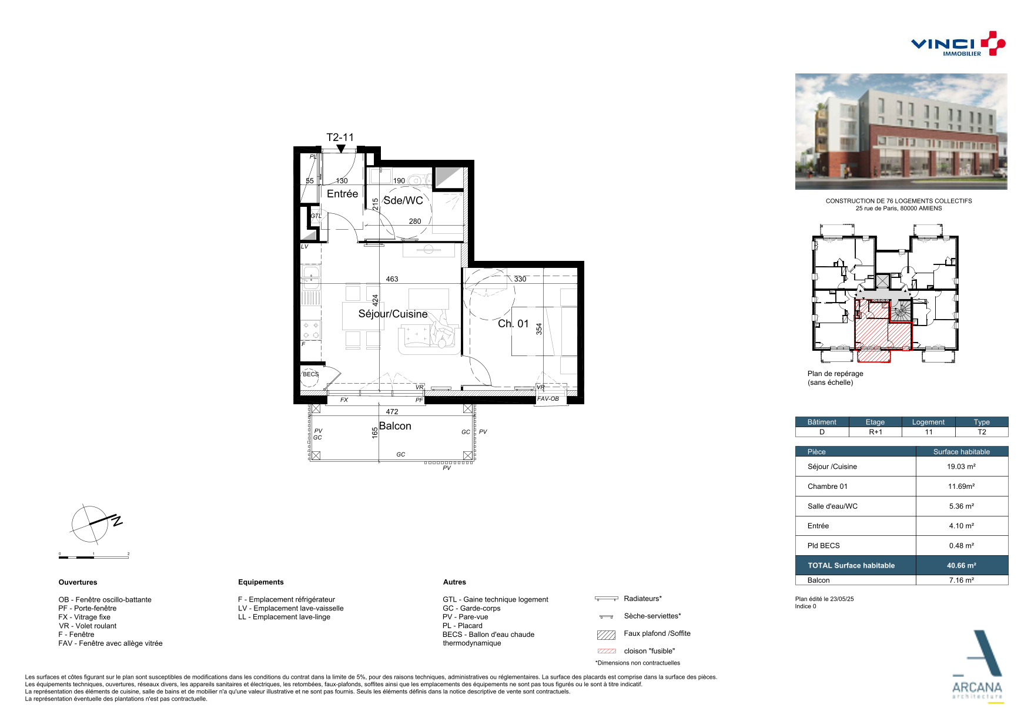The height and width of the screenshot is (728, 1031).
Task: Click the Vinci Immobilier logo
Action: (x=958, y=43)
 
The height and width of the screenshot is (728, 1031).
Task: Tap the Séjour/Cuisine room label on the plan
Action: (x=393, y=314)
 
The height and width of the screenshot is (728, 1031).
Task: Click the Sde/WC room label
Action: (x=403, y=200)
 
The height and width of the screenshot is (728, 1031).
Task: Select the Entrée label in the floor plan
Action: (x=342, y=194)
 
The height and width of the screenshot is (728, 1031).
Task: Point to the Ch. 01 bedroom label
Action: (x=513, y=324)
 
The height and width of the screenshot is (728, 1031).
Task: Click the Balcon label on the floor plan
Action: (x=395, y=426)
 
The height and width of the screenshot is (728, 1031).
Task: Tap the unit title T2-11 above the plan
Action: (x=340, y=137)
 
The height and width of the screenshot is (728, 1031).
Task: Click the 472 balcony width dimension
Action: (x=392, y=412)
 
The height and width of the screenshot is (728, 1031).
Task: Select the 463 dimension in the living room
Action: (x=392, y=279)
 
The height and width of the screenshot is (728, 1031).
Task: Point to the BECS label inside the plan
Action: (x=310, y=374)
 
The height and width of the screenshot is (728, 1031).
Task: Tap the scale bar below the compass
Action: (x=93, y=556)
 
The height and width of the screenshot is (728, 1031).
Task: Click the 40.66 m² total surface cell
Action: (x=962, y=565)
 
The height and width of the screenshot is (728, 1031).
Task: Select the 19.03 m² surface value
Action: (x=961, y=467)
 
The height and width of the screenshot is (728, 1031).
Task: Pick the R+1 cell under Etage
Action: (x=875, y=432)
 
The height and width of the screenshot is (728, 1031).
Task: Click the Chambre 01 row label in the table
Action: (x=828, y=487)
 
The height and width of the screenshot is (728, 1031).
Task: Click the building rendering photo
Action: (x=901, y=132)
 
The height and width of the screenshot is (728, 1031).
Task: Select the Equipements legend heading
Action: (x=261, y=582)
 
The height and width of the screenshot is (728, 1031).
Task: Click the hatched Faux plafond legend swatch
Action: (x=606, y=635)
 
